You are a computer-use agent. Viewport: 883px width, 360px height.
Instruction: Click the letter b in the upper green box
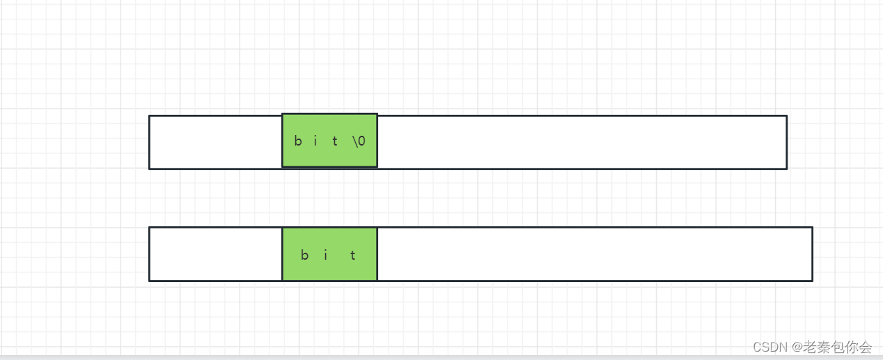point(298,141)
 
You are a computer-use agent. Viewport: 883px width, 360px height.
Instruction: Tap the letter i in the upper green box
point(315,141)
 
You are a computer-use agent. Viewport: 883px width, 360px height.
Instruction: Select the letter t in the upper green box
point(335,141)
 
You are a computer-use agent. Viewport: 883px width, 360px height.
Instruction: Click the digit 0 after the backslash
point(361,141)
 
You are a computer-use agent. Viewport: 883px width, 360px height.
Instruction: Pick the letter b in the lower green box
point(304,255)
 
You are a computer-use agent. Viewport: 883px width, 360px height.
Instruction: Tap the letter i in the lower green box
point(326,255)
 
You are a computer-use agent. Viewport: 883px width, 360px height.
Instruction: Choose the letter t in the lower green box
point(353,255)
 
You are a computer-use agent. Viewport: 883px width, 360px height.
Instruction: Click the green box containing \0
point(329,141)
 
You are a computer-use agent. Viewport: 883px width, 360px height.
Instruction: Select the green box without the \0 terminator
point(329,254)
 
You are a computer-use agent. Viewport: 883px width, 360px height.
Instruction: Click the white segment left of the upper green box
point(216,142)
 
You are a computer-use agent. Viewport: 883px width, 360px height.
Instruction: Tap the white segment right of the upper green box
point(582,142)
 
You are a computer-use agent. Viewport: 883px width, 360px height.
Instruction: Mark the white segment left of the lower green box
point(216,254)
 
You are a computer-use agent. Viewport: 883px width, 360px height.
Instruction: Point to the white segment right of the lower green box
point(595,254)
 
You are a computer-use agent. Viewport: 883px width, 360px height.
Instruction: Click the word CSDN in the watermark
point(770,347)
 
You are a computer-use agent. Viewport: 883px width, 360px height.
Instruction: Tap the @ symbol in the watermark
point(797,347)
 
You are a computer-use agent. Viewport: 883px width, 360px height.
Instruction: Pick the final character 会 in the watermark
point(864,347)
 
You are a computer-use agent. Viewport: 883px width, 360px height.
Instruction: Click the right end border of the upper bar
point(787,142)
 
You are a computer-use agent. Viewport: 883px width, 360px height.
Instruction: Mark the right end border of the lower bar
point(813,254)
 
